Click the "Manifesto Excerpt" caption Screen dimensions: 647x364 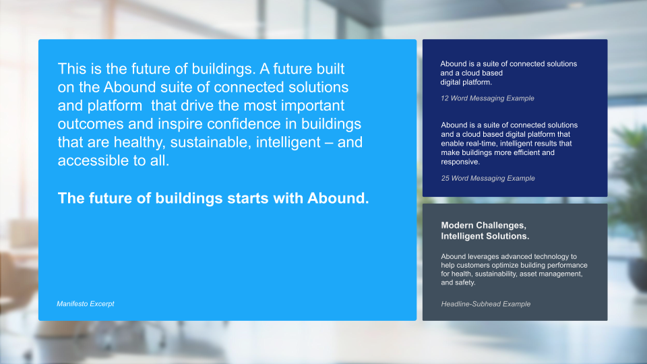point(86,304)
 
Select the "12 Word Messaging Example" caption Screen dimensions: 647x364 point(487,98)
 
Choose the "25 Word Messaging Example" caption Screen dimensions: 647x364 point(488,178)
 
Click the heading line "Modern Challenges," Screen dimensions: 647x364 point(484,225)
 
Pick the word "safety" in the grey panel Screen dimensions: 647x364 point(465,282)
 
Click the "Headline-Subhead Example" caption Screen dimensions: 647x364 point(486,304)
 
